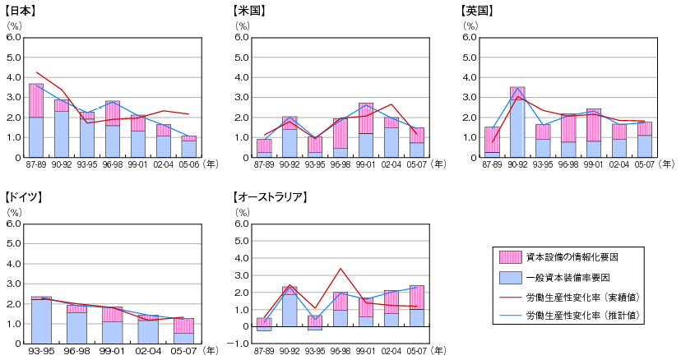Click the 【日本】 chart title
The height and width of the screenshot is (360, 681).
click(19, 11)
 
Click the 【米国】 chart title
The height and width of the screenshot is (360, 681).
click(248, 11)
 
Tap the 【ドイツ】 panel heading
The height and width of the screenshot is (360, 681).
click(22, 197)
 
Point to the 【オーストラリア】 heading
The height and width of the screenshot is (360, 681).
click(271, 197)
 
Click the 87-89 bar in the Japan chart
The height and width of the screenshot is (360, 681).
click(36, 121)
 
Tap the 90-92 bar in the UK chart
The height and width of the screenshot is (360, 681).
click(517, 122)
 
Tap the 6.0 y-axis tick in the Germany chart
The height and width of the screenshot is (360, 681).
click(13, 224)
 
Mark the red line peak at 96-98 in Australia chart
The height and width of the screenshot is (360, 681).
click(340, 268)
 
